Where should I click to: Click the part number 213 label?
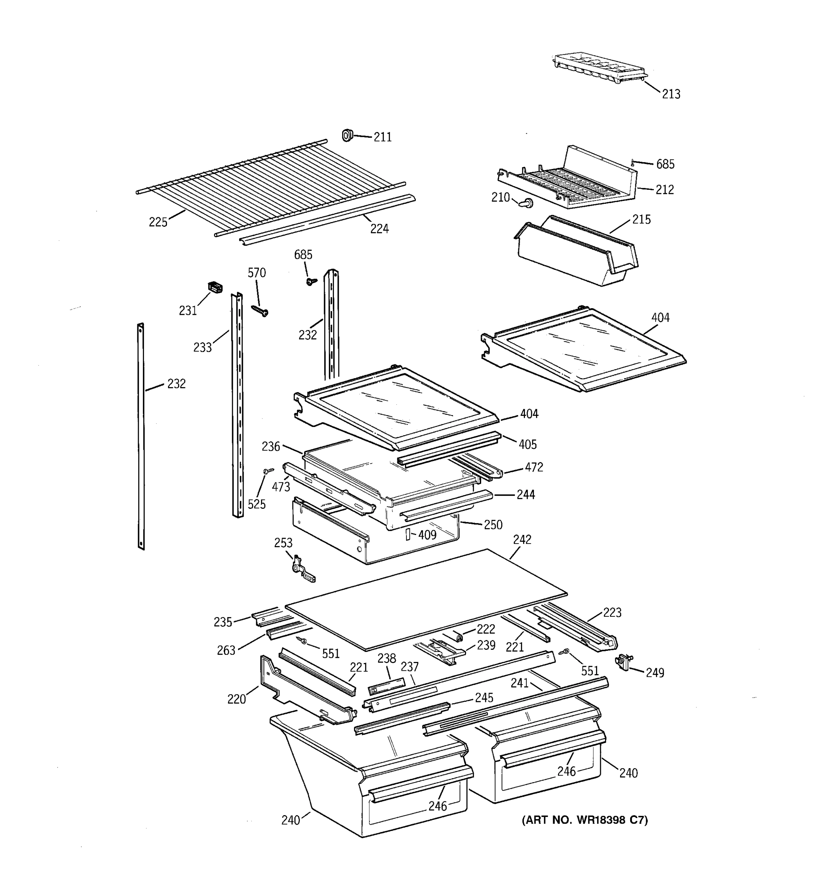[671, 94]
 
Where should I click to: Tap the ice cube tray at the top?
[599, 68]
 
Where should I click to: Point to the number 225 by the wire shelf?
[158, 222]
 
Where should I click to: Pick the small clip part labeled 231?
[215, 287]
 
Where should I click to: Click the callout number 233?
[202, 347]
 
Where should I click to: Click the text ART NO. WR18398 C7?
[585, 820]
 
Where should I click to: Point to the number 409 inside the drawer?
[427, 535]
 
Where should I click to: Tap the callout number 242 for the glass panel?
[522, 539]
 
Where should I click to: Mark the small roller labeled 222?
[458, 636]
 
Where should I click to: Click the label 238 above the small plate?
[386, 658]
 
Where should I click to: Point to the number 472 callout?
[533, 467]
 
